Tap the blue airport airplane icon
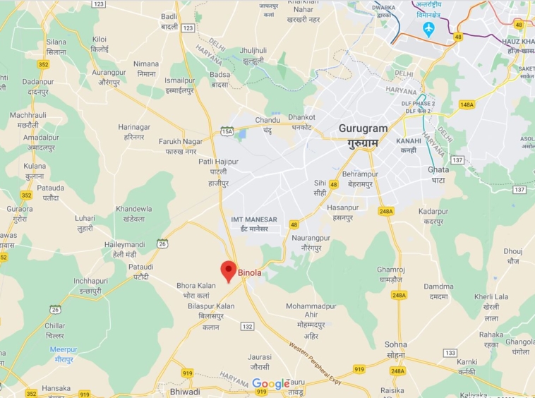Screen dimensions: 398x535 (x=428, y=28)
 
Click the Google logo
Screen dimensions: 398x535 (x=271, y=384)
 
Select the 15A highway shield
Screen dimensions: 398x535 (x=227, y=131)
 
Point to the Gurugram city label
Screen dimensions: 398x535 (x=363, y=129)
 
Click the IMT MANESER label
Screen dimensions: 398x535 (x=254, y=219)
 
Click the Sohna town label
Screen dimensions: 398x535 (x=396, y=344)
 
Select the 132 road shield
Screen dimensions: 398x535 (x=246, y=326)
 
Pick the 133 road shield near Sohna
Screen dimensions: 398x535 (x=450, y=352)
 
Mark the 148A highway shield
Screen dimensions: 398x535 (x=467, y=104)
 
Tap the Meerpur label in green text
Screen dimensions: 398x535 (x=64, y=349)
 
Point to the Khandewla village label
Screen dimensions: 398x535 (x=134, y=209)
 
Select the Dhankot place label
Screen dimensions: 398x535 (x=302, y=117)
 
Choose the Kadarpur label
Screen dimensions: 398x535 (x=433, y=212)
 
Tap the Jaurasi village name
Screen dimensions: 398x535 (x=259, y=357)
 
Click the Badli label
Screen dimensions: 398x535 (x=169, y=17)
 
